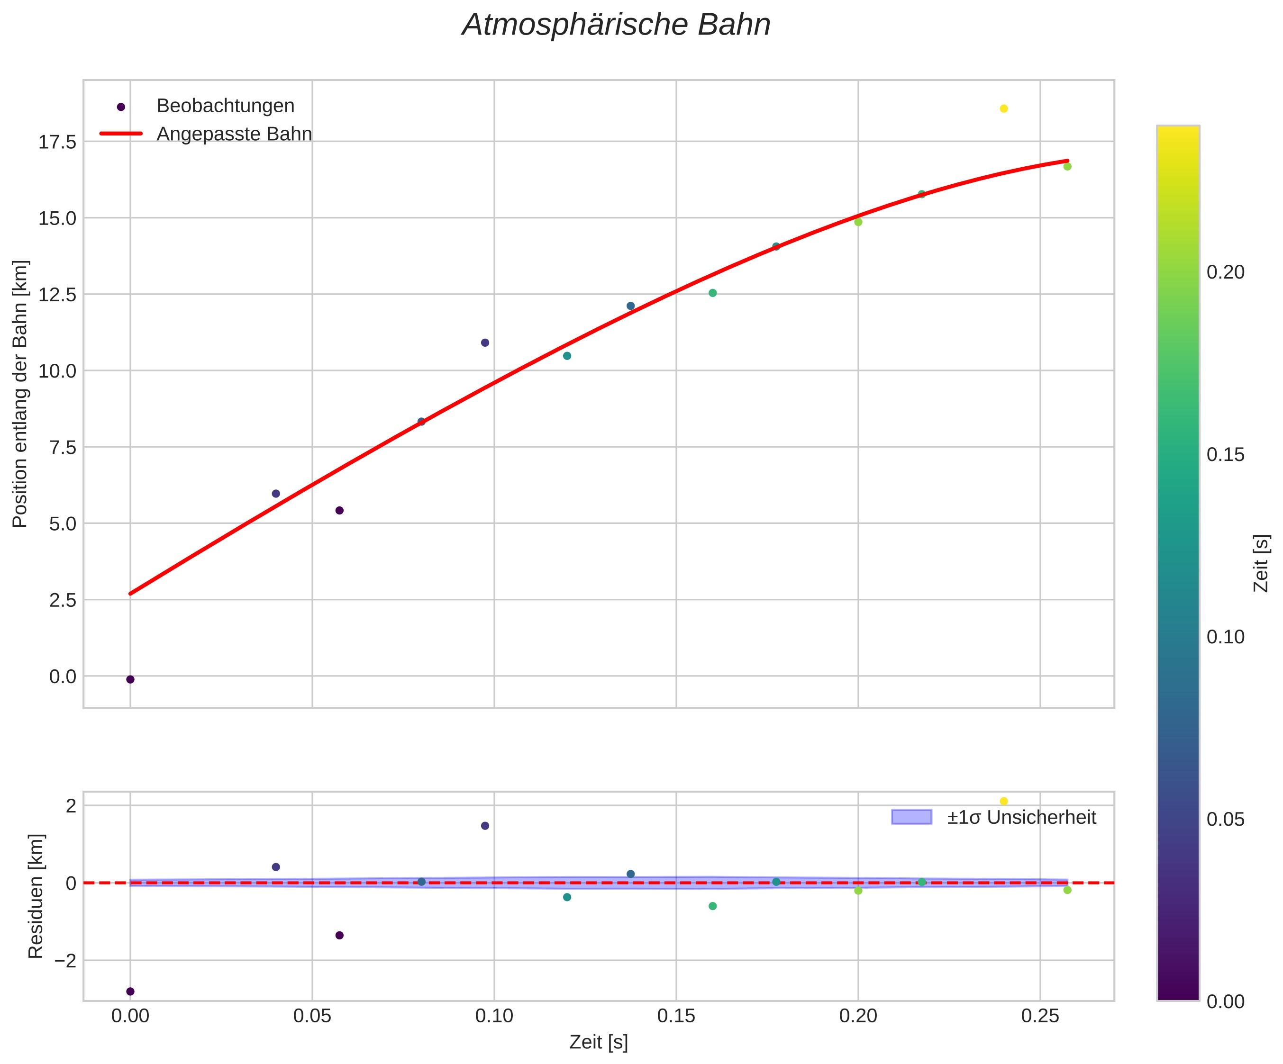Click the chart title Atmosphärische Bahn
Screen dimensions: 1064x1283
616,26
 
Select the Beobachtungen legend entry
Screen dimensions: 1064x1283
225,106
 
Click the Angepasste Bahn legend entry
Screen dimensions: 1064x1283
234,135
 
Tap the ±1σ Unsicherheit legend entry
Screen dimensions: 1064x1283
1021,817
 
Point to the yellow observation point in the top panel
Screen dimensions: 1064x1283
1004,108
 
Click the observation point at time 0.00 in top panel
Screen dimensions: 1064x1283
130,679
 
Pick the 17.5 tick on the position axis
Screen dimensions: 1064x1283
57,142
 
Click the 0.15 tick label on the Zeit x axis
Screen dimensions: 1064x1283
676,1016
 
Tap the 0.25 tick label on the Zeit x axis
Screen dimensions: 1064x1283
1040,1016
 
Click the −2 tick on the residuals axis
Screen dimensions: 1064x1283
65,961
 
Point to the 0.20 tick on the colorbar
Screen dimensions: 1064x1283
1225,272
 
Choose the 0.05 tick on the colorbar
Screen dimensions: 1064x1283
1225,820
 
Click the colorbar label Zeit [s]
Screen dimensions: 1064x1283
1261,563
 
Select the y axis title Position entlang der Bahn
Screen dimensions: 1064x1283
20,394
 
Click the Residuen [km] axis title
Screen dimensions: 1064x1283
36,896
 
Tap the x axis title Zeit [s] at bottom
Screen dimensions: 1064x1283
598,1043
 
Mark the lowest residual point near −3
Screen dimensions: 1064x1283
130,992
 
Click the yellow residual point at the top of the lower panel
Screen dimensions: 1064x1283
1004,802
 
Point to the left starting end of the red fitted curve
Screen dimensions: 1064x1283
131,593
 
